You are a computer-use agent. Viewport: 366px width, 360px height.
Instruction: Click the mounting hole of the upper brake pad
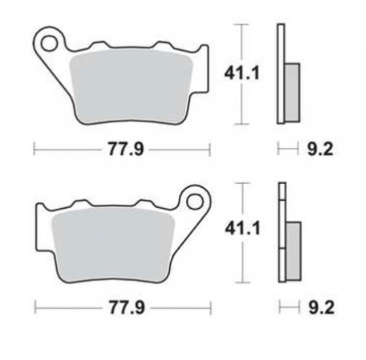click(50, 43)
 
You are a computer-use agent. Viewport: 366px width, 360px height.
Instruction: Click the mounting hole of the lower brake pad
click(194, 202)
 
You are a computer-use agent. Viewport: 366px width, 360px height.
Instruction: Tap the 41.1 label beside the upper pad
click(242, 73)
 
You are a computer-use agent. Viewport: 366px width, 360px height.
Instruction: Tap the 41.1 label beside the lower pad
click(242, 228)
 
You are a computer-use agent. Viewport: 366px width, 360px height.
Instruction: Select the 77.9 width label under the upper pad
click(126, 149)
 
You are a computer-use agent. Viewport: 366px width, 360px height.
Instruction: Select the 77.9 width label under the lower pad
click(127, 307)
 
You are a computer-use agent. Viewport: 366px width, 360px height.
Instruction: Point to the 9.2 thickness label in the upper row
click(320, 149)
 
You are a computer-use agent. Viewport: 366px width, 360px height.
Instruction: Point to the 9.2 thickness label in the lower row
click(321, 308)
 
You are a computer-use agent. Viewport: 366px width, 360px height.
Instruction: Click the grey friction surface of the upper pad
click(131, 87)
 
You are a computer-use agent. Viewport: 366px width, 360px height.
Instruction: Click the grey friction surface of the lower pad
click(113, 245)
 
